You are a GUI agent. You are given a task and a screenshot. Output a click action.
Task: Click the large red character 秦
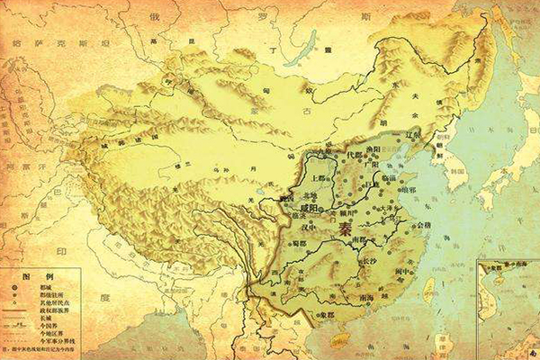coord(346,230)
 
